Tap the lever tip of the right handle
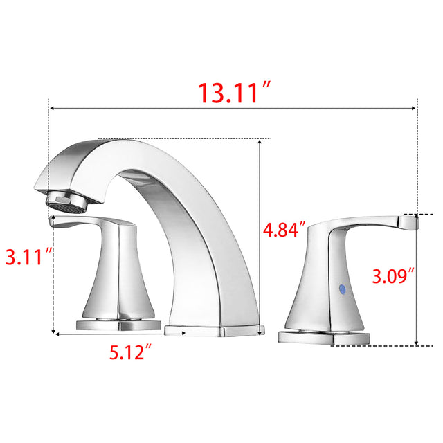click(408, 221)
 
